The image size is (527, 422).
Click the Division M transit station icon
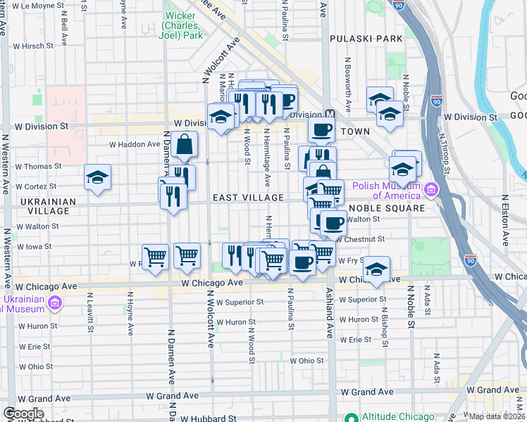click(x=329, y=114)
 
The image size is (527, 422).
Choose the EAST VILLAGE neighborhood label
click(x=248, y=198)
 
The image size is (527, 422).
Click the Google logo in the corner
click(x=23, y=414)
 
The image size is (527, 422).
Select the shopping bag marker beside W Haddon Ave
click(x=184, y=145)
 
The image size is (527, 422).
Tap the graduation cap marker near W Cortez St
click(x=97, y=178)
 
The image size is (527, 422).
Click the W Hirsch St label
click(x=34, y=46)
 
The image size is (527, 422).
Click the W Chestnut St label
click(x=360, y=239)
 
